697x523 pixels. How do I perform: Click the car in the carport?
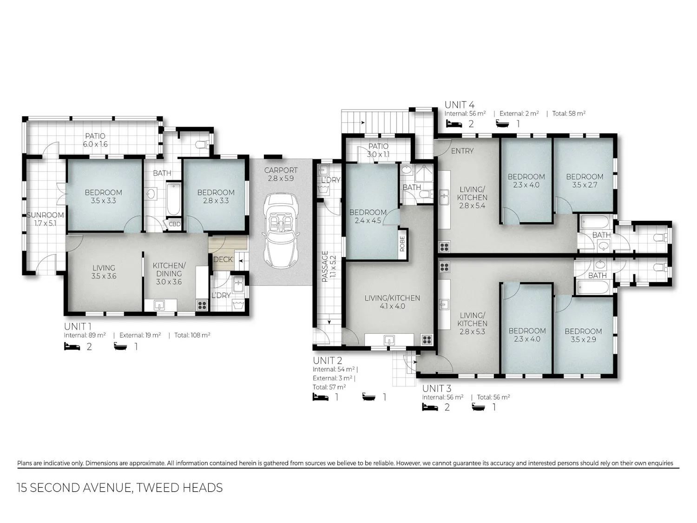[281, 231]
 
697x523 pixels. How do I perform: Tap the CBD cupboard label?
[175, 224]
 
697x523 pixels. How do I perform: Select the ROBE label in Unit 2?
[402, 244]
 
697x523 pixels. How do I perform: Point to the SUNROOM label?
[46, 215]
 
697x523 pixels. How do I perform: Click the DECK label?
[223, 259]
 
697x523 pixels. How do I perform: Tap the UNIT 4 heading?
[460, 105]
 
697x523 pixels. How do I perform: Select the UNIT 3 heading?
[437, 388]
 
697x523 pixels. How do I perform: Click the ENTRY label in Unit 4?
[462, 151]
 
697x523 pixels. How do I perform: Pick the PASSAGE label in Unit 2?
[325, 266]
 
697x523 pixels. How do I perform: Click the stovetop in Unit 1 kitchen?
[202, 305]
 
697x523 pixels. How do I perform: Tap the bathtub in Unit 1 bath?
[173, 199]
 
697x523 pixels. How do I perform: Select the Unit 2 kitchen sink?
[389, 340]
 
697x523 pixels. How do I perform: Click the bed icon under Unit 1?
[72, 346]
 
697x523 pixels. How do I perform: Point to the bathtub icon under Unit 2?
[369, 397]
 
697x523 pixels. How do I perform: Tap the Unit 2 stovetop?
[427, 340]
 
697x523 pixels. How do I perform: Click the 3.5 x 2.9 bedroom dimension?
[583, 339]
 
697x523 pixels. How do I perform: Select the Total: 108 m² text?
[192, 335]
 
